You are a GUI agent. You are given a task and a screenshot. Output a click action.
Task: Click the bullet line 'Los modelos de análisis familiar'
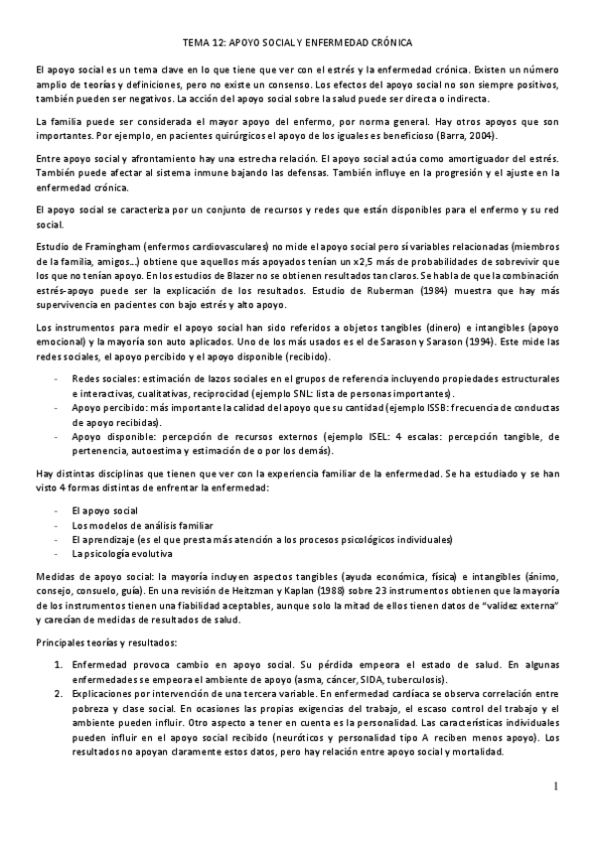(x=132, y=524)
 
